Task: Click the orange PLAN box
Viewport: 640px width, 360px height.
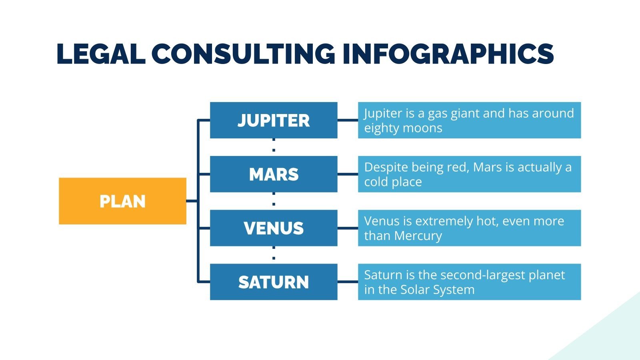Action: (x=122, y=201)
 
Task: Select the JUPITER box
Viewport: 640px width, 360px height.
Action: (x=274, y=120)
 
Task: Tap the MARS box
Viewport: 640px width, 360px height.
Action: (x=274, y=174)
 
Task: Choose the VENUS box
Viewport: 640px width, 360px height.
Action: (x=274, y=228)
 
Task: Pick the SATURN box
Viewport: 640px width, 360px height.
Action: (x=274, y=282)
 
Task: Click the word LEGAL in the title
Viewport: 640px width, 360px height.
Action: (x=101, y=54)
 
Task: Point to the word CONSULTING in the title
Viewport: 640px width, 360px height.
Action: (x=243, y=54)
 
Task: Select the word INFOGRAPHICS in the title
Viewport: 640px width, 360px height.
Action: (x=448, y=54)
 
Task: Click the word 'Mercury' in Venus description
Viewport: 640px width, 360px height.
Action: (x=418, y=236)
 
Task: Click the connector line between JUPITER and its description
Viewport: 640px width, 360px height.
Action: (x=348, y=120)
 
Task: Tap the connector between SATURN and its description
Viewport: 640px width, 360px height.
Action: (x=348, y=282)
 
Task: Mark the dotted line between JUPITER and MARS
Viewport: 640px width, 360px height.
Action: (x=274, y=147)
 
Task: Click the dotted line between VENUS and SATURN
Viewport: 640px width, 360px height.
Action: (x=274, y=255)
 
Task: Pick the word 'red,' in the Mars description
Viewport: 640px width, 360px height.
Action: (x=455, y=167)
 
